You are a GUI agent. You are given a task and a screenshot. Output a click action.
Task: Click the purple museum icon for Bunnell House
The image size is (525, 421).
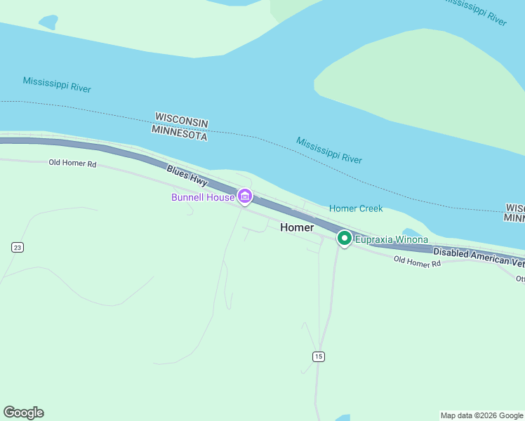pyautogui.click(x=244, y=197)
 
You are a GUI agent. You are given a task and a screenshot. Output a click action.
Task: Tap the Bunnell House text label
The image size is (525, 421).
pyautogui.click(x=203, y=198)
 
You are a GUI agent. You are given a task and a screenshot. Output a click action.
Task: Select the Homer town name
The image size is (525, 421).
pyautogui.click(x=297, y=227)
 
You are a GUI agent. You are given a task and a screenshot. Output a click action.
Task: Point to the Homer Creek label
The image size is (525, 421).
pyautogui.click(x=356, y=208)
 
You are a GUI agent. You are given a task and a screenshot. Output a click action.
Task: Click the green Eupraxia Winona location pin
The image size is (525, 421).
pyautogui.click(x=345, y=239)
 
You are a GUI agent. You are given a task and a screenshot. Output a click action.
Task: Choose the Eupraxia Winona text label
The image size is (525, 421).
pyautogui.click(x=391, y=240)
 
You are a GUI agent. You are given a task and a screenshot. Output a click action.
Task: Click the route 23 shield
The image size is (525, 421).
pyautogui.click(x=18, y=247)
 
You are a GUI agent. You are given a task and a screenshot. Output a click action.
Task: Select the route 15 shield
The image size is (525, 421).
pyautogui.click(x=319, y=356)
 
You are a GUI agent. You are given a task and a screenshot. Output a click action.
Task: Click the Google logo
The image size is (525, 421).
pyautogui.click(x=23, y=413)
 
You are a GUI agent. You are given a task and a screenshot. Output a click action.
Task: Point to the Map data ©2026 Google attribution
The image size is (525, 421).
pyautogui.click(x=482, y=415)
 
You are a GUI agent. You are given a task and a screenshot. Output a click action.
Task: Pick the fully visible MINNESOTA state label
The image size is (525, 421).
pyautogui.click(x=179, y=133)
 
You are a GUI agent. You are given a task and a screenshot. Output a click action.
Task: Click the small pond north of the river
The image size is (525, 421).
pyautogui.click(x=48, y=22)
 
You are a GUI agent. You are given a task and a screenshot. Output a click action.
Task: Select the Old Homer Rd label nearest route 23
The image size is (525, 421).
pyautogui.click(x=72, y=163)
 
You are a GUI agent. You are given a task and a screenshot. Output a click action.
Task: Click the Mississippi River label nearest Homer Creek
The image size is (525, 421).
pyautogui.click(x=328, y=150)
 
